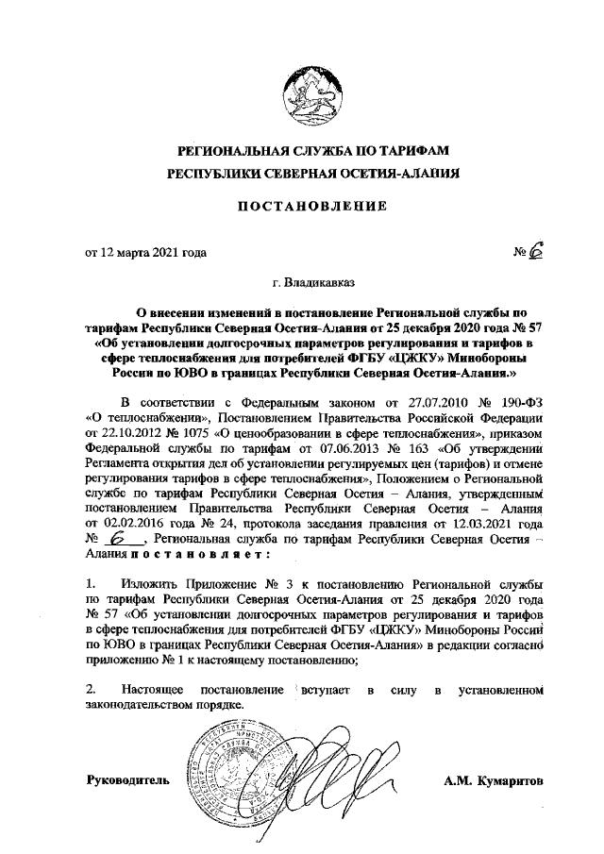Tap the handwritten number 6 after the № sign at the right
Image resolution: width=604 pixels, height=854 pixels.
point(537,250)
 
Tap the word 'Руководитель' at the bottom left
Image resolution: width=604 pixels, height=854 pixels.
point(127,781)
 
